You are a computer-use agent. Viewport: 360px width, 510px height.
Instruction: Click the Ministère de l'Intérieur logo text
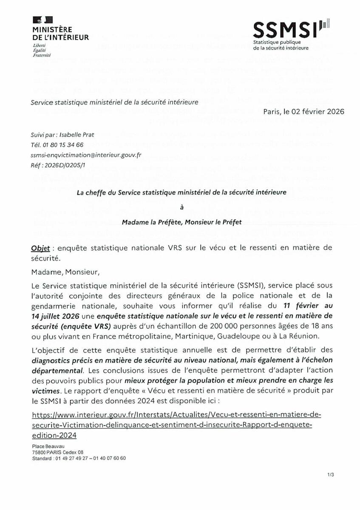click(x=61, y=34)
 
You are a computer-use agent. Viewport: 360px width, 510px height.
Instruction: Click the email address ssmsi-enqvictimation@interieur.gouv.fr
click(x=86, y=155)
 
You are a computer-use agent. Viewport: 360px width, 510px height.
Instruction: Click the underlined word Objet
click(x=40, y=247)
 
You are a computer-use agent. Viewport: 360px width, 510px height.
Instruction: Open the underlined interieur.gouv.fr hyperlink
click(x=172, y=425)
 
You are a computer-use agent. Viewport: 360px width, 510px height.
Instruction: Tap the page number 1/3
click(x=331, y=474)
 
